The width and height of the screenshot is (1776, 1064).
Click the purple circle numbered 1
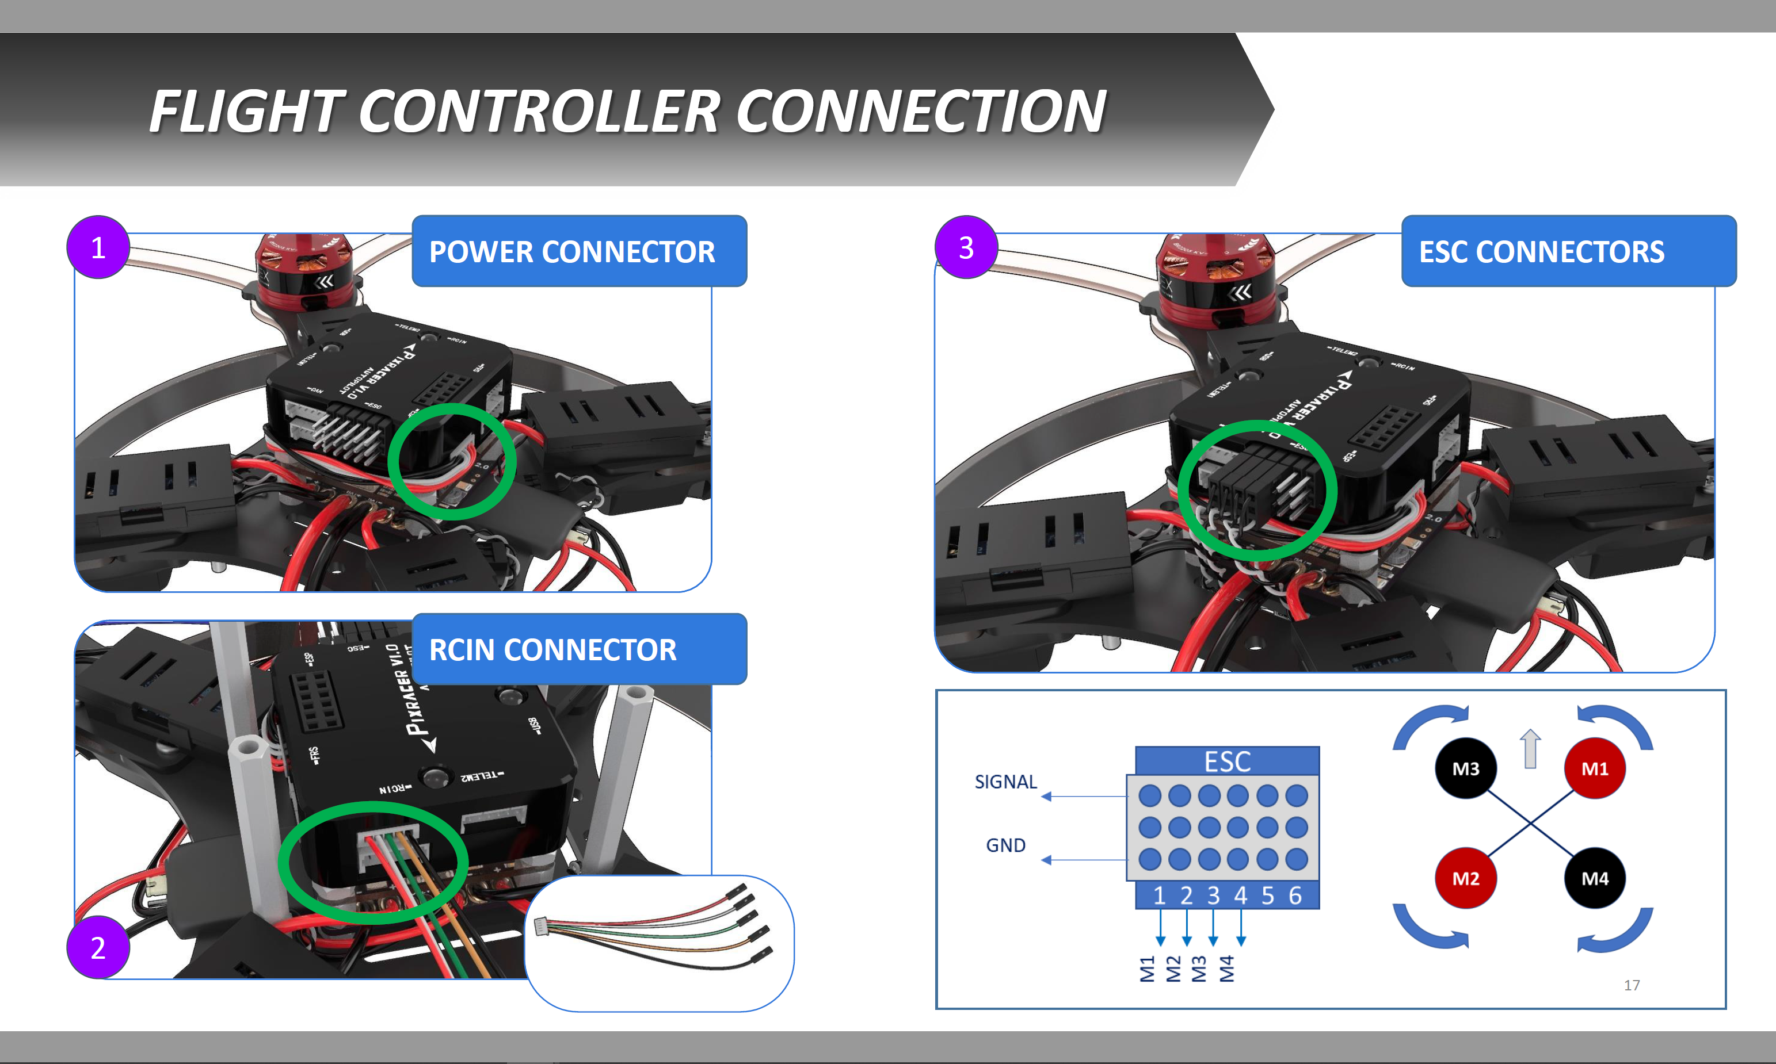click(98, 247)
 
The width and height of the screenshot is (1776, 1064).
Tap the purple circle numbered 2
click(98, 947)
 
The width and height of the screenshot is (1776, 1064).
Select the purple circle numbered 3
click(966, 247)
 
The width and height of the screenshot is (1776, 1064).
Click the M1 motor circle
click(1595, 768)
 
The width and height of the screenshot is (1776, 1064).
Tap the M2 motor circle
click(1465, 878)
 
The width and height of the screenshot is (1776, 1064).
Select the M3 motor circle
click(1465, 768)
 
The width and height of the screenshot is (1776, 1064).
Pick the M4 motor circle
click(1595, 878)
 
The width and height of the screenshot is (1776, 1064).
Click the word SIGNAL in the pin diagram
click(1005, 782)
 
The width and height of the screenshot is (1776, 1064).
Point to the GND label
click(1005, 845)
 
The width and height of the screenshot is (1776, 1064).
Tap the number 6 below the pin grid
click(1295, 895)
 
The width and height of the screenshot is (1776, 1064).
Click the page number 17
click(1631, 985)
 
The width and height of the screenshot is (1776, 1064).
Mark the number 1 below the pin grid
click(1159, 895)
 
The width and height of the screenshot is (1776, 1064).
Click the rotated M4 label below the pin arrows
click(1226, 968)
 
